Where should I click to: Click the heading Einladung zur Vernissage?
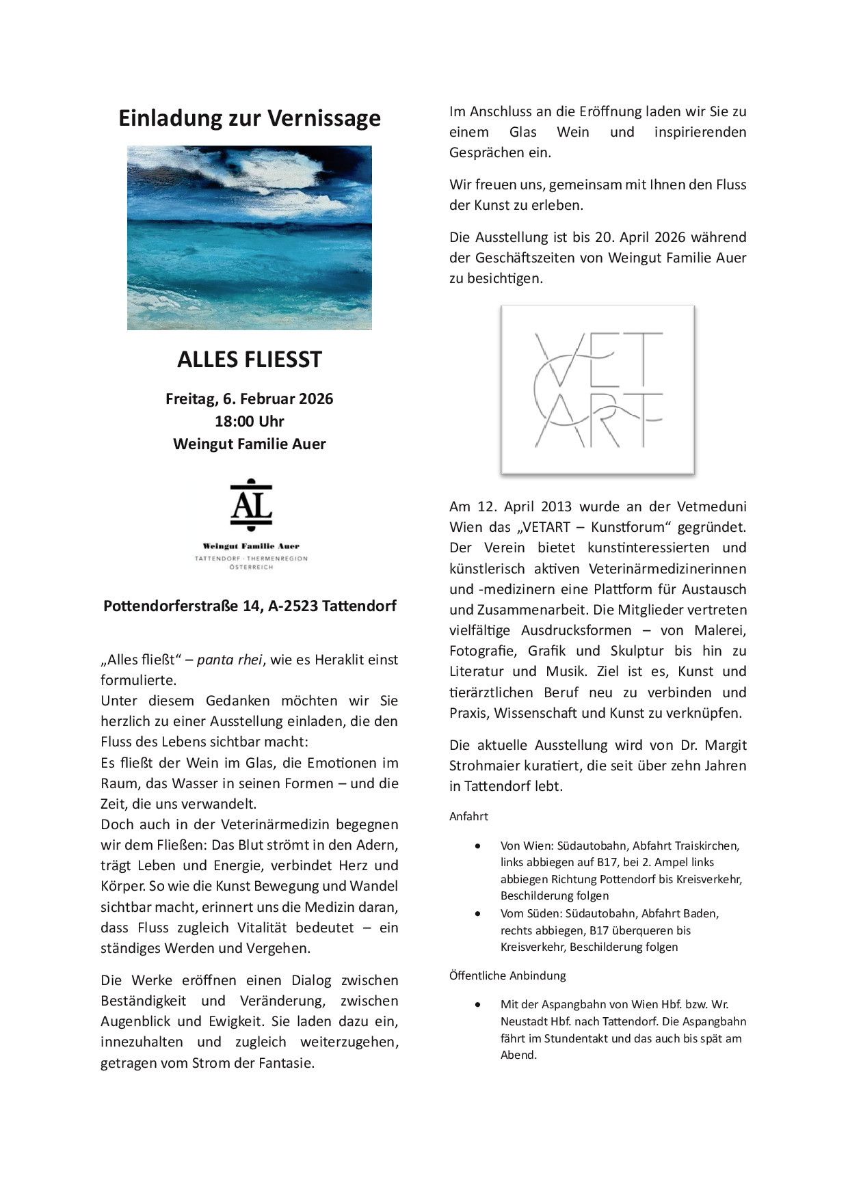[x=249, y=118]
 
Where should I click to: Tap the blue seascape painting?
[x=250, y=237]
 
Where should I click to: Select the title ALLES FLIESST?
[x=250, y=360]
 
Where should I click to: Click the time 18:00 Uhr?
[x=250, y=421]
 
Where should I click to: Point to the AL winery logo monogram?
[x=251, y=505]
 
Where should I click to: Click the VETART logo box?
[x=598, y=390]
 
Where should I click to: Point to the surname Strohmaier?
[x=486, y=766]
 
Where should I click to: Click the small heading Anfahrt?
[x=468, y=816]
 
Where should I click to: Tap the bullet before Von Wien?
[x=477, y=846]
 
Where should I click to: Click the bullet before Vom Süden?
[x=477, y=914]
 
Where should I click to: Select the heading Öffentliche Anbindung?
[x=507, y=975]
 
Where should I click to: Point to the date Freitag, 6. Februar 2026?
[x=250, y=399]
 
